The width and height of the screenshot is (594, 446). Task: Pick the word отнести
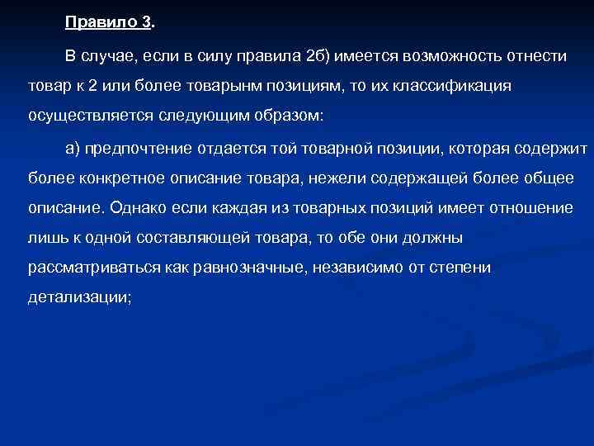(x=538, y=55)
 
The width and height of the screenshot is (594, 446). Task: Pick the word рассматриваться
(x=86, y=268)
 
